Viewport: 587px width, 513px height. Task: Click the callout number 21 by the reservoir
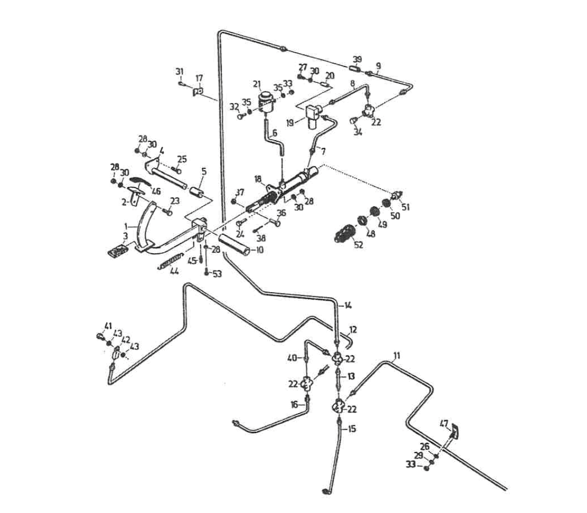pos(257,84)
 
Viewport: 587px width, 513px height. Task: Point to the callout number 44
pos(174,271)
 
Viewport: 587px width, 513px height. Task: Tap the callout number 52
pos(358,245)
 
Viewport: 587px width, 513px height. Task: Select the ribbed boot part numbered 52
pos(345,234)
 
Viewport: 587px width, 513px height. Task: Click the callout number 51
pos(406,207)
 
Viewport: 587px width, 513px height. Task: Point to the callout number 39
pos(358,59)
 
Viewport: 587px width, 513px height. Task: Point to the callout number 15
pos(351,428)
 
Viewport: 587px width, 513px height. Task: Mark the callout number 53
pos(217,273)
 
